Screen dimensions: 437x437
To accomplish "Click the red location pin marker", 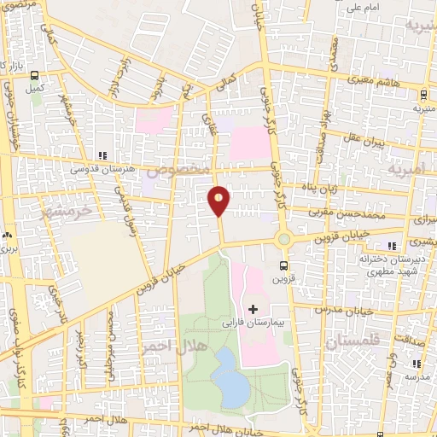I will click(218, 201).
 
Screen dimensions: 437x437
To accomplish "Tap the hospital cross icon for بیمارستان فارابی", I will click(253, 307).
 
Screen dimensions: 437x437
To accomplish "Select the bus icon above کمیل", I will click(34, 75).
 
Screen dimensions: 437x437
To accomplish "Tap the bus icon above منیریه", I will click(423, 96).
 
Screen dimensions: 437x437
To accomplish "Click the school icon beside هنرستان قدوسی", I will click(102, 155).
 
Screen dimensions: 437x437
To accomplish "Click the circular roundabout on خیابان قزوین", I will click(283, 240).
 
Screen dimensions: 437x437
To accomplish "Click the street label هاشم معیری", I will click(362, 79).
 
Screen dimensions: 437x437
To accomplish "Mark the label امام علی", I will click(364, 9).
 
